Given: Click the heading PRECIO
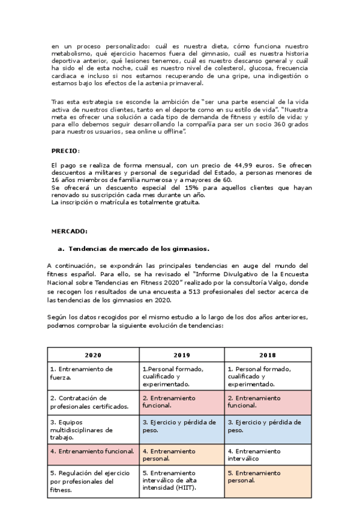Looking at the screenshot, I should point(65,150).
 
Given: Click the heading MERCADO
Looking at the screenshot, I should point(69,230).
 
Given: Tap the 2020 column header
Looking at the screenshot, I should point(93,355).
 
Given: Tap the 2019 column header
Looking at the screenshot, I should point(182,355).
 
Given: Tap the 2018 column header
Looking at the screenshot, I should point(267,355).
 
